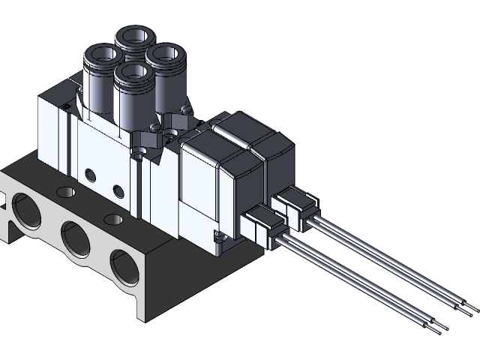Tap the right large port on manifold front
[124, 265]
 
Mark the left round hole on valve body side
[91, 175]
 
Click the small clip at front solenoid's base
[218, 238]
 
